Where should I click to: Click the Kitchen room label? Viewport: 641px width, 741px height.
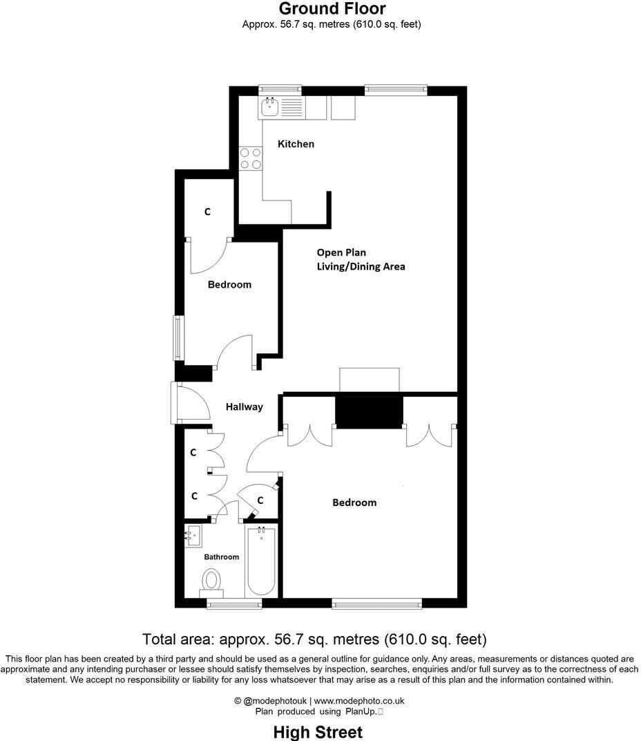click(296, 144)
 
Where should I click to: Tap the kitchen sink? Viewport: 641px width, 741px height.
click(269, 107)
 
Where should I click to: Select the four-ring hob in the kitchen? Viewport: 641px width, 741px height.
click(250, 158)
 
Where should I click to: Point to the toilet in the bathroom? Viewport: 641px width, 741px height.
click(211, 581)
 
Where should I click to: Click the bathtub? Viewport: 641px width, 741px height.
click(262, 561)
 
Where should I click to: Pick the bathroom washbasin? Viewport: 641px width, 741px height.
click(193, 534)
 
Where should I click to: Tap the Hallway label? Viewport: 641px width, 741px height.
click(244, 407)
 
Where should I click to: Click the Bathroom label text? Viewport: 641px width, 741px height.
click(221, 557)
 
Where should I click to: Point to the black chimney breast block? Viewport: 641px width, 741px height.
click(369, 412)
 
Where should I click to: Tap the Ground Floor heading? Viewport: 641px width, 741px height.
click(332, 9)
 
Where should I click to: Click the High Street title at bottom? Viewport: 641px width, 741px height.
click(318, 732)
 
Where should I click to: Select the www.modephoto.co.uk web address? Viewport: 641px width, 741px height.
click(359, 700)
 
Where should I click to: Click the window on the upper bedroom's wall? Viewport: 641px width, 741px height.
click(178, 337)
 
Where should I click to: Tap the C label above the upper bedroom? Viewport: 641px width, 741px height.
click(207, 212)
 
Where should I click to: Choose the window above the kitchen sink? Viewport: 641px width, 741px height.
click(280, 89)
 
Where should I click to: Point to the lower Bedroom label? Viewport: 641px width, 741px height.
click(354, 503)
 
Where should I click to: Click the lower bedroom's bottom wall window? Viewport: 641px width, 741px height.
click(376, 604)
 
